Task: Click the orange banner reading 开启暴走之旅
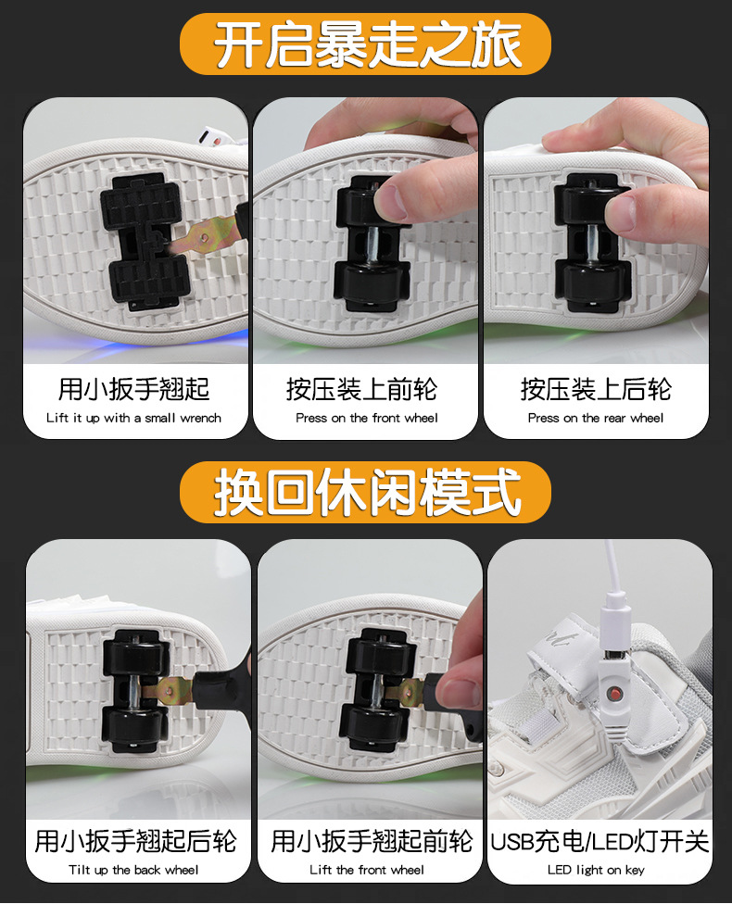(x=365, y=44)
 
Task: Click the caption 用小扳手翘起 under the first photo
(x=134, y=388)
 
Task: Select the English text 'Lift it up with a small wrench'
(x=134, y=418)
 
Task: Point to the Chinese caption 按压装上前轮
(x=366, y=388)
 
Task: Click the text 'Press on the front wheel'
(x=366, y=418)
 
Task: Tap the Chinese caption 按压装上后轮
(x=596, y=388)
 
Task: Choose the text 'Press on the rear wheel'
(x=596, y=418)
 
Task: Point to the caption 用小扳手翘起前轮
(x=372, y=841)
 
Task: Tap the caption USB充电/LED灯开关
(x=599, y=841)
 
